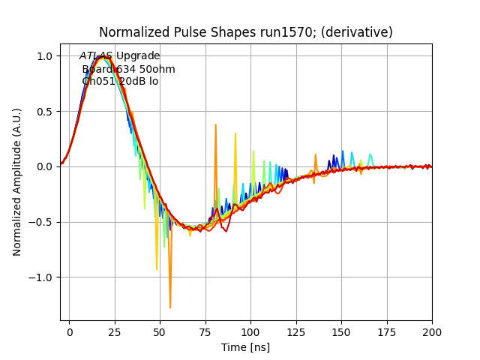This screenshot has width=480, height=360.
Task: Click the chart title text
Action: [246, 32]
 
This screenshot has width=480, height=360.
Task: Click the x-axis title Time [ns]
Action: [246, 347]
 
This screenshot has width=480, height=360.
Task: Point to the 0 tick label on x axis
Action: [70, 331]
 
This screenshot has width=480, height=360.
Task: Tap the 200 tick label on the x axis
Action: [432, 331]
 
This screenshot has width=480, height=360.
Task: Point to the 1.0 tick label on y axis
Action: [45, 56]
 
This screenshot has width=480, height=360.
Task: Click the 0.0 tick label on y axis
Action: [45, 166]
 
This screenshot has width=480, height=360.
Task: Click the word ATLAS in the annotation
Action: [96, 56]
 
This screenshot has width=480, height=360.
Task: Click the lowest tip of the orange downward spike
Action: [170, 307]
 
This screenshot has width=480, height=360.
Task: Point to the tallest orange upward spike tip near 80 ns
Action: [215, 124]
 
